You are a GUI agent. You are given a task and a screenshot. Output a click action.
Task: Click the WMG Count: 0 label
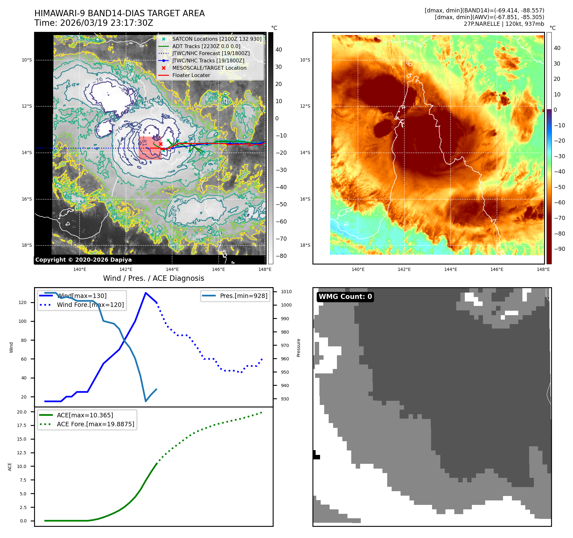345,297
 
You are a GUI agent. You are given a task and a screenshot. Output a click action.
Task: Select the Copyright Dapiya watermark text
83,260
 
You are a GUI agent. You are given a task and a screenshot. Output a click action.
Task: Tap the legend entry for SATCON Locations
217,39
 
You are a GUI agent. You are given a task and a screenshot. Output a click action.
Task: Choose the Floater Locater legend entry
191,75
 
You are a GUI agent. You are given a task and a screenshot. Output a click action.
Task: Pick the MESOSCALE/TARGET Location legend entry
209,68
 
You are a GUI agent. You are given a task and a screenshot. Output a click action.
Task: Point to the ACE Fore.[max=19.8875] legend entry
95,424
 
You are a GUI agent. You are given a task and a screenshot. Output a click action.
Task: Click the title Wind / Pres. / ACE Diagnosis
153,278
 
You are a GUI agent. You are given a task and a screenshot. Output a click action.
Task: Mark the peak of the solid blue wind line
146,293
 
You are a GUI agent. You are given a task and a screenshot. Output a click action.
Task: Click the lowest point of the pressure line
146,401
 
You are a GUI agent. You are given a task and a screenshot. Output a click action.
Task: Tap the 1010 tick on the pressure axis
286,292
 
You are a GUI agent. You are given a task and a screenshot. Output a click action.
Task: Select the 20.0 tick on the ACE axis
22,412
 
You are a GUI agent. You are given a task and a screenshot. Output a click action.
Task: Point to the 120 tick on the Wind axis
23,302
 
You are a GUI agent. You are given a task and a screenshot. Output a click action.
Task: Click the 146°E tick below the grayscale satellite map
218,269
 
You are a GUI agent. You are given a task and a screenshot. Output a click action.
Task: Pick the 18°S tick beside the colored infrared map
305,245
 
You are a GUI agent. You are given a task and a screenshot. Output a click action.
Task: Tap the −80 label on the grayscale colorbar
281,256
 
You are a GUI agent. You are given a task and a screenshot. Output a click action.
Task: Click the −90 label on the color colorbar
559,249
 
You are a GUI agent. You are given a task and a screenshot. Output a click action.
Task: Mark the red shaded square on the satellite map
150,148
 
